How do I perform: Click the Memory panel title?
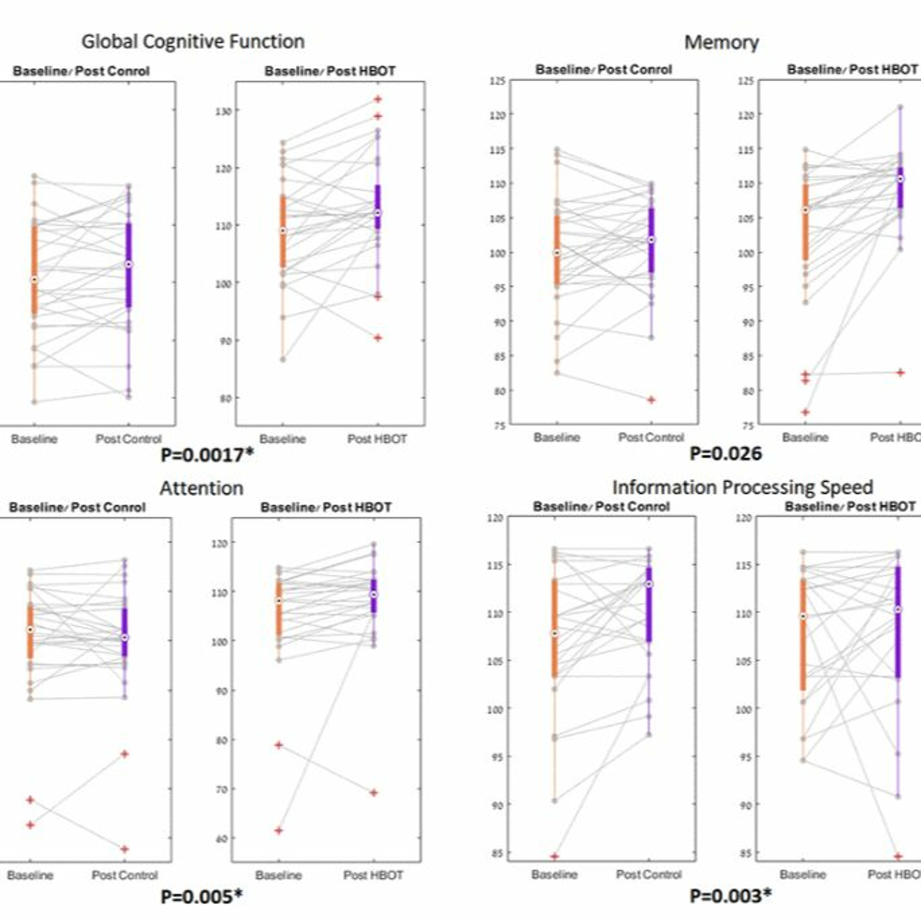[x=721, y=42]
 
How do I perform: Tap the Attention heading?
[x=202, y=488]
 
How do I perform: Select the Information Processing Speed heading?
[x=742, y=487]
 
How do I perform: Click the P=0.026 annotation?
[x=725, y=453]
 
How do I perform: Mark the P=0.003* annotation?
[x=730, y=896]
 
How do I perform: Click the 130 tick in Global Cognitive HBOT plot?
[x=224, y=111]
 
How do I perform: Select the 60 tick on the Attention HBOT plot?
[x=221, y=838]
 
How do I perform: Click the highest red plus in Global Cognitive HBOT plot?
[x=378, y=99]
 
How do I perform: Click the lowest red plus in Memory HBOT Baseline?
[x=805, y=412]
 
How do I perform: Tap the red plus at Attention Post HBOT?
[x=374, y=793]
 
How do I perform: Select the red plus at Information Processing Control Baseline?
[x=554, y=857]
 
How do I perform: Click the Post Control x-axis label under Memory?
[x=651, y=437]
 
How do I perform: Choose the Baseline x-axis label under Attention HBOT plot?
[x=278, y=875]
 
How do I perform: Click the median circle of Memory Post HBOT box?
[x=900, y=179]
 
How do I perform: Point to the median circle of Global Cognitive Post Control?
[x=128, y=264]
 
